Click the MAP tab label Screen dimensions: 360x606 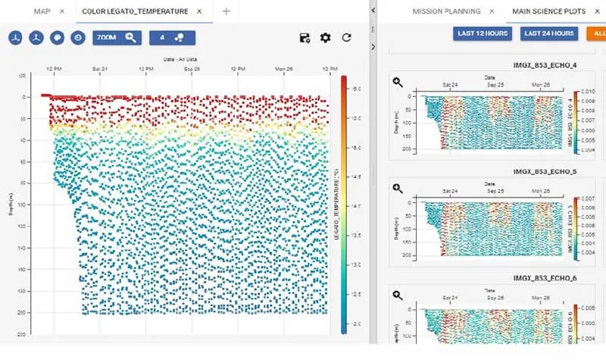pyautogui.click(x=42, y=11)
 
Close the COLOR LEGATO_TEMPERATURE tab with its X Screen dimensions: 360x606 pyautogui.click(x=198, y=11)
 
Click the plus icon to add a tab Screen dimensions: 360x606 pyautogui.click(x=226, y=11)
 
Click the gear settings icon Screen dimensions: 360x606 pyautogui.click(x=326, y=38)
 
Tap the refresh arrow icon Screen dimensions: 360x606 pyautogui.click(x=346, y=38)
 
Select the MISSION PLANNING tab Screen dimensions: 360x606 pyautogui.click(x=446, y=11)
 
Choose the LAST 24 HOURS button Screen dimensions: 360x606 pyautogui.click(x=548, y=33)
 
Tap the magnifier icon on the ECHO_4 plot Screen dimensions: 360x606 pyautogui.click(x=398, y=82)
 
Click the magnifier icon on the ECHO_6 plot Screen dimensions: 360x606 pyautogui.click(x=398, y=296)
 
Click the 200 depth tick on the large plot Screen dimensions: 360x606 pyautogui.click(x=22, y=311)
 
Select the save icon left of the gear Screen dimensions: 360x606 pyautogui.click(x=305, y=38)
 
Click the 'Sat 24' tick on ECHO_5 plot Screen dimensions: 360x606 pyautogui.click(x=450, y=191)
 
